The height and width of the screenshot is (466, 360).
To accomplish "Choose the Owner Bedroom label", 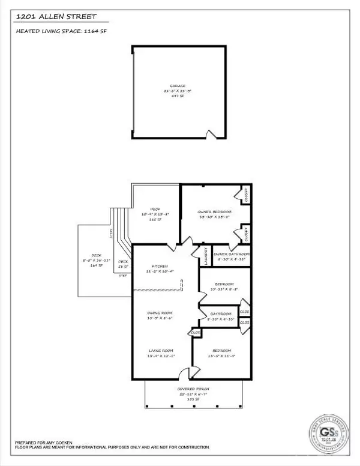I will point(214,212).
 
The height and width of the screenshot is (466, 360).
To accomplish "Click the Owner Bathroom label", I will point(231,255).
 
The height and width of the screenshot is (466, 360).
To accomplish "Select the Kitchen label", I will point(160,266).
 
